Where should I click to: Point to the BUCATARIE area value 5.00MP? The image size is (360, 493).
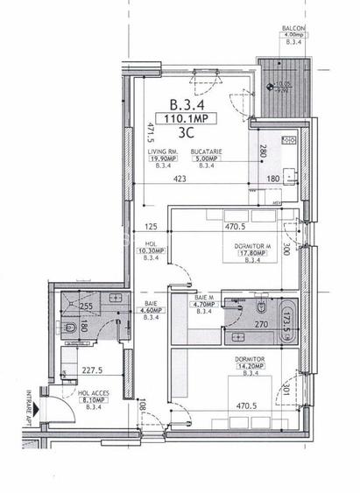pyautogui.click(x=208, y=159)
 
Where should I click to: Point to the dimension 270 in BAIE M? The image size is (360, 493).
pyautogui.click(x=260, y=325)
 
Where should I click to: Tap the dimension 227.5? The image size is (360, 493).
pyautogui.click(x=79, y=370)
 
